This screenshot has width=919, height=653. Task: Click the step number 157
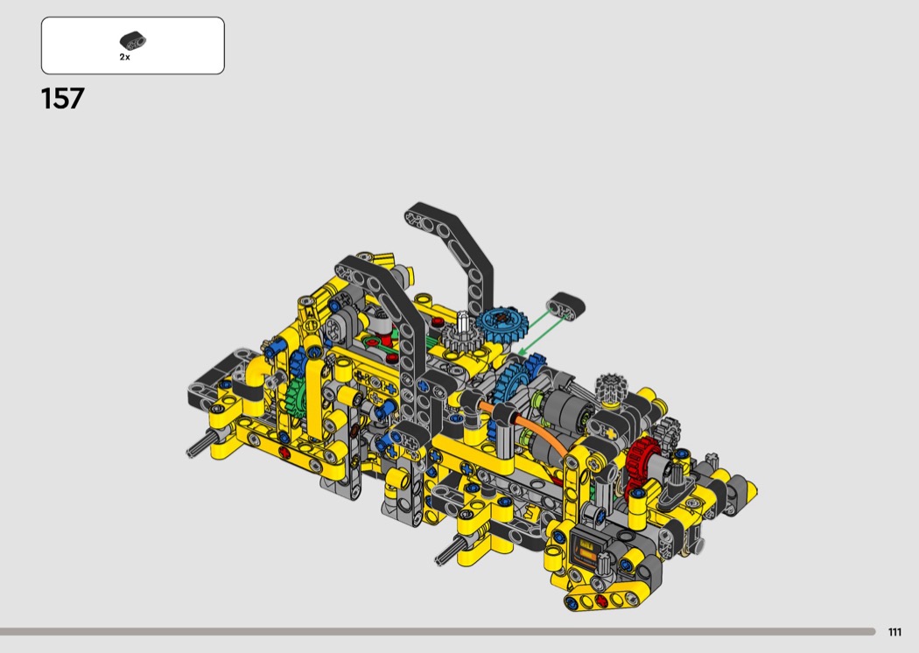63,99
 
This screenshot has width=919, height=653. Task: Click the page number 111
894,632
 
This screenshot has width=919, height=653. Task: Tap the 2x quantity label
125,58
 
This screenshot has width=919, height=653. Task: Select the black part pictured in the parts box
133,40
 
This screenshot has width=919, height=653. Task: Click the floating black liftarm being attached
565,306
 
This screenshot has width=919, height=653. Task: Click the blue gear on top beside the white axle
502,320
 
